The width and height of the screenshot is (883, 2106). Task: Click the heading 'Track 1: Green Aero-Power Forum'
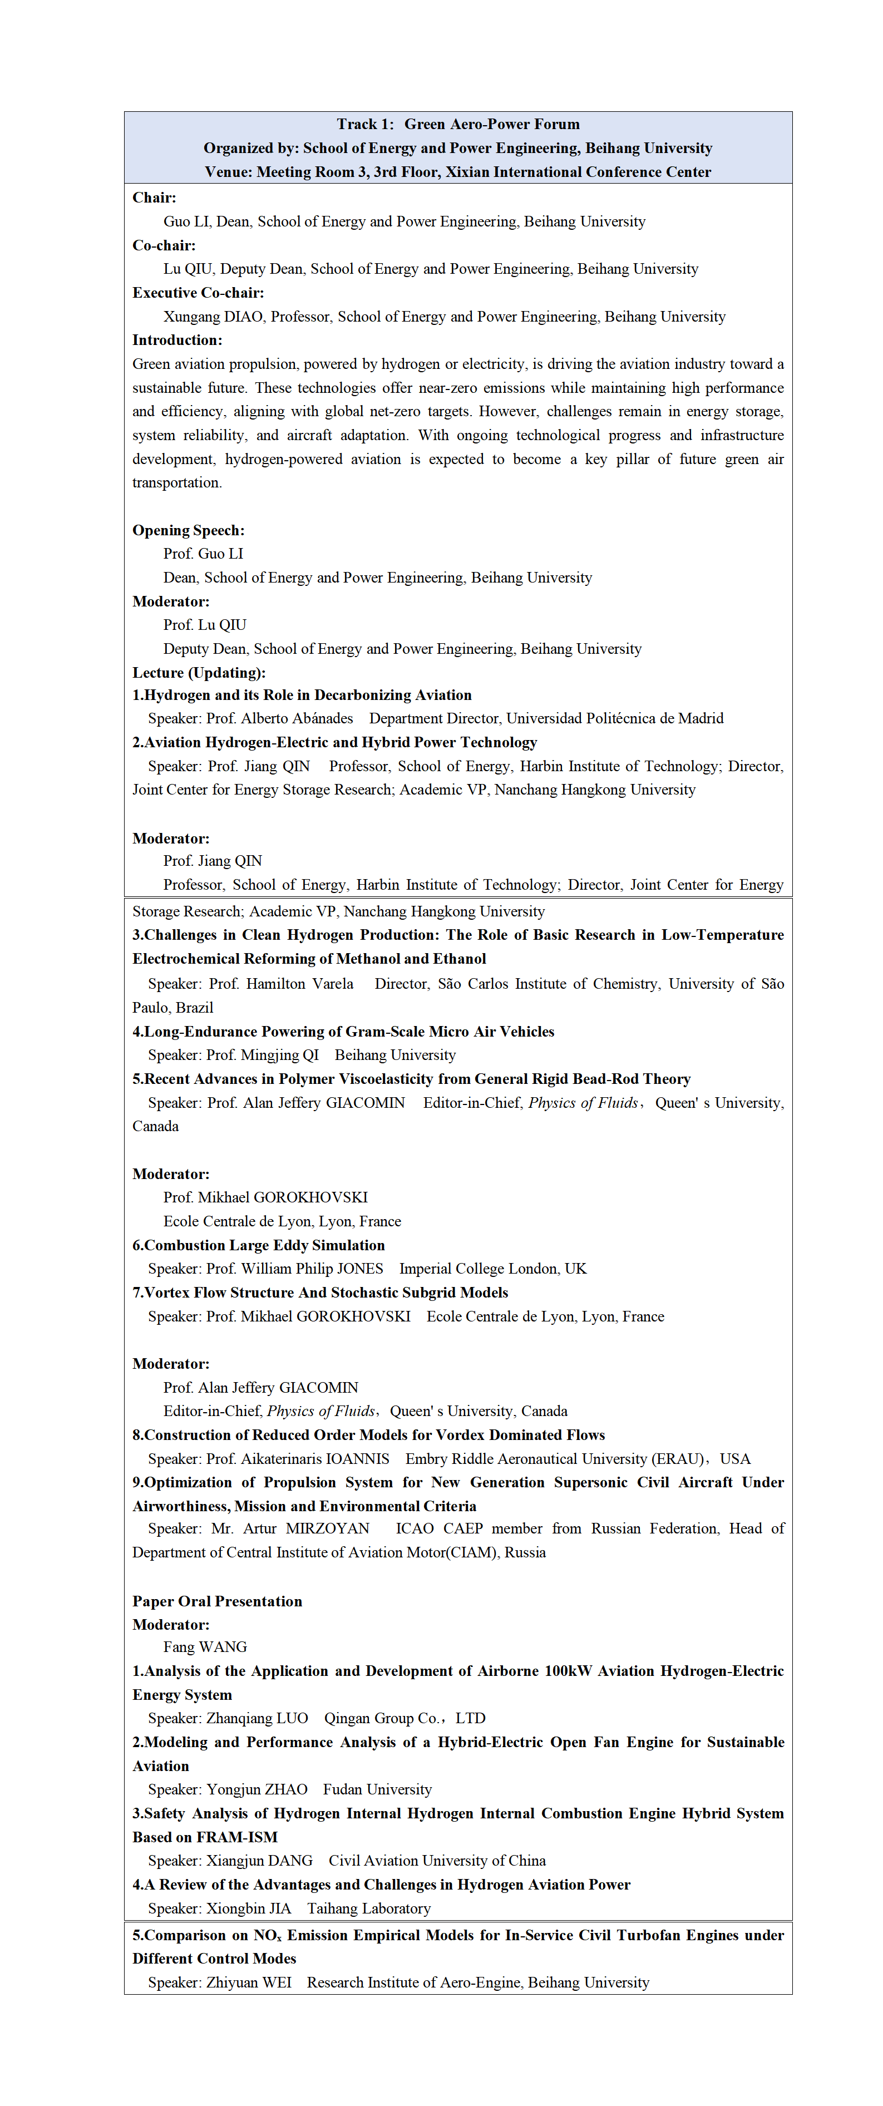(x=458, y=124)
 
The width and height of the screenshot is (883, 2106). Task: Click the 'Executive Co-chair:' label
(x=198, y=293)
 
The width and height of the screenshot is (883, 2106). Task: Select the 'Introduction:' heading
(x=176, y=340)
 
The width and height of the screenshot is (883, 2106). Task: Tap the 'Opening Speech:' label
(x=188, y=531)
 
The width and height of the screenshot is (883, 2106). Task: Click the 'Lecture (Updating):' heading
(x=199, y=673)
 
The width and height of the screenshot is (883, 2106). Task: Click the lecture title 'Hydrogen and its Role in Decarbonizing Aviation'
(x=308, y=696)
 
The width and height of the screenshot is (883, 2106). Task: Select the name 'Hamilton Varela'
(x=299, y=984)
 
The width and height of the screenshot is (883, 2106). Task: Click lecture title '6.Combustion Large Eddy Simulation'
(x=258, y=1246)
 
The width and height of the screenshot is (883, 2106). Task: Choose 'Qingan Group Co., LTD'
(x=404, y=1719)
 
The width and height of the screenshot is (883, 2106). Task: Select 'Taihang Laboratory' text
(x=369, y=1909)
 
